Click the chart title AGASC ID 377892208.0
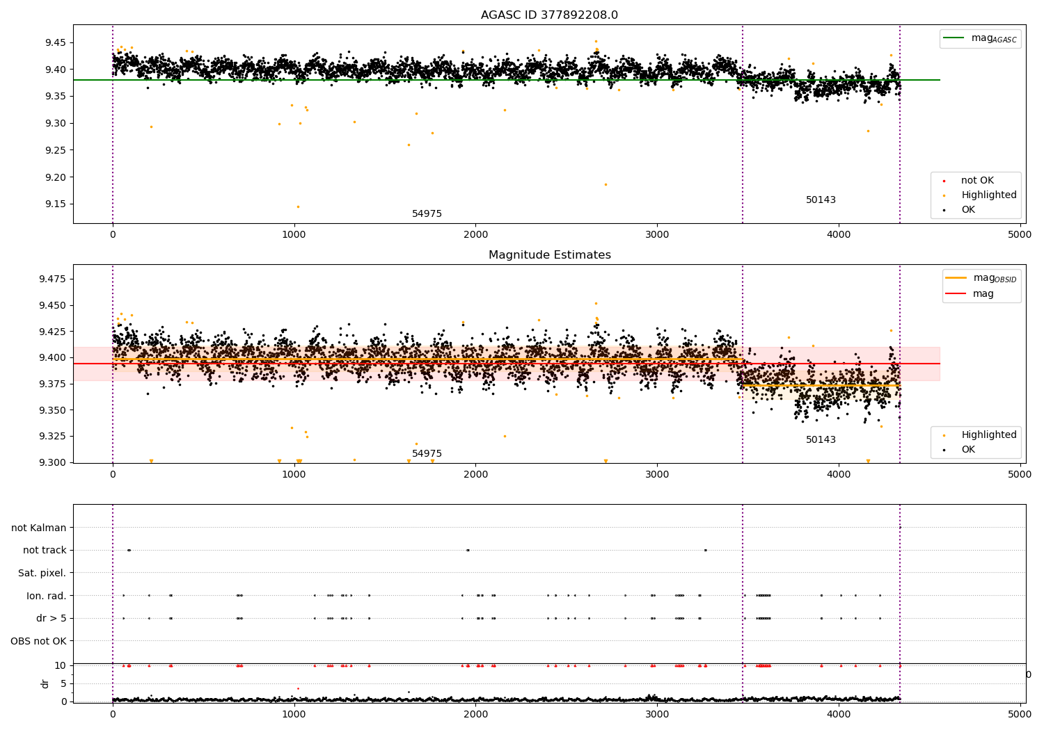(549, 15)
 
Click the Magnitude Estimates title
(550, 254)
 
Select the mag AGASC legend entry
(980, 38)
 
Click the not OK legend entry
(970, 180)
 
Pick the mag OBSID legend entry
(981, 278)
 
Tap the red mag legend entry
(970, 293)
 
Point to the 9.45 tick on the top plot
(56, 43)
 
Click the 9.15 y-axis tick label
(56, 204)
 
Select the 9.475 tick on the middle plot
(53, 279)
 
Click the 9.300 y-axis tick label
(53, 462)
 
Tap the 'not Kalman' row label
(39, 528)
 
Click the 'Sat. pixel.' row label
(42, 573)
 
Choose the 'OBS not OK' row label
(38, 641)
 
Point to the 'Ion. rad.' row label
(46, 596)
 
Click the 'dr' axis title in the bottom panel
(45, 684)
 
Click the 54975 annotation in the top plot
(427, 213)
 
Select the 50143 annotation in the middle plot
(821, 439)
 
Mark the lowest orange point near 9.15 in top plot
(299, 206)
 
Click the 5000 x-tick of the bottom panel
(1020, 715)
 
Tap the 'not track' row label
(45, 550)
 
